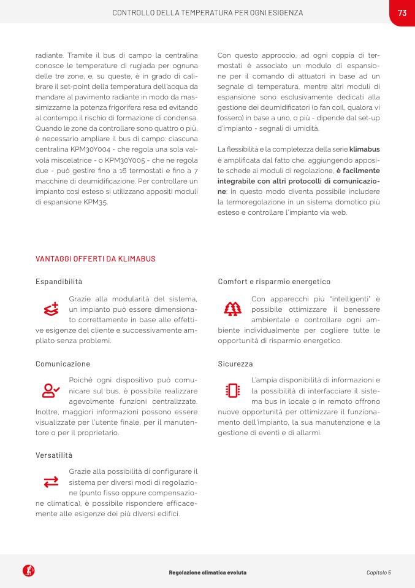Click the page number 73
point(402,13)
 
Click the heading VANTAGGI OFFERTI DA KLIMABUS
point(95,259)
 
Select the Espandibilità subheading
point(59,282)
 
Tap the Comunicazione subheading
point(63,364)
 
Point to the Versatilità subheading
point(54,455)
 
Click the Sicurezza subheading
point(235,364)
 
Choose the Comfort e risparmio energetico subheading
point(274,282)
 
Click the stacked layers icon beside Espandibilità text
point(51,310)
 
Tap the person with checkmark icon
point(51,390)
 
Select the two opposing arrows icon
point(51,482)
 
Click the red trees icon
point(233,309)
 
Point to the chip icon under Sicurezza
point(233,390)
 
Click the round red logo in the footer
point(28,571)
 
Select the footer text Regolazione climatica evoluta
point(207,572)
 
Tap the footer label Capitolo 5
point(378,572)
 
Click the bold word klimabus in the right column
point(364,149)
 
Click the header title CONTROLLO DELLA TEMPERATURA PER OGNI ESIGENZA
point(207,13)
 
